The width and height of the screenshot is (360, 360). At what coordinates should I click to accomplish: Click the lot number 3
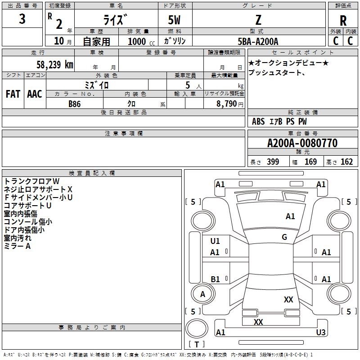click(x=22, y=19)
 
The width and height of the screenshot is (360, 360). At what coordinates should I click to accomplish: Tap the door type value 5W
click(x=174, y=20)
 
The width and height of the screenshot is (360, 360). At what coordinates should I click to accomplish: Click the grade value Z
click(x=258, y=20)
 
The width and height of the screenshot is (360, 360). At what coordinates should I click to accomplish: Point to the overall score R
click(x=343, y=21)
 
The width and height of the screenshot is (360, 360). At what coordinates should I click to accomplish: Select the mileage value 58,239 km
click(x=55, y=65)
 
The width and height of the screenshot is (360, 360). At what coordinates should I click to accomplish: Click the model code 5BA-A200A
click(x=258, y=41)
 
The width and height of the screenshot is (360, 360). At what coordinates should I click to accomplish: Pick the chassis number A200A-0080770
click(x=302, y=143)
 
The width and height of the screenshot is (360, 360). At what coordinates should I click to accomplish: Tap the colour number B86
click(x=75, y=104)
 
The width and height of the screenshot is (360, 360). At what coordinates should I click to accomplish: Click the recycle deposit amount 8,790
click(x=226, y=104)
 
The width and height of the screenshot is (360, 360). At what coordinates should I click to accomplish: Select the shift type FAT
click(x=13, y=94)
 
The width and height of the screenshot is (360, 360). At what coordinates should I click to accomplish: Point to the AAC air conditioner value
click(x=35, y=94)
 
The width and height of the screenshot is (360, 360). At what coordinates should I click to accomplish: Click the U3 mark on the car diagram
click(x=321, y=332)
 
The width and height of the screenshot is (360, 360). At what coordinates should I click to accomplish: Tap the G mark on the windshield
click(x=284, y=237)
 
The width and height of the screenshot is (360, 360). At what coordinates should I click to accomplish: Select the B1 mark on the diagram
click(x=215, y=279)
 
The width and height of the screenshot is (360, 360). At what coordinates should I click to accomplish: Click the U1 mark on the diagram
click(x=215, y=241)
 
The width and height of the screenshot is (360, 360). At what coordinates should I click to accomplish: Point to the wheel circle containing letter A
click(x=203, y=294)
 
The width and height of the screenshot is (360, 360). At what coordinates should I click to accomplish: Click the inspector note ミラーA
click(x=17, y=246)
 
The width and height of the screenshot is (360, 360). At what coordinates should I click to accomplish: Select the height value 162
click(x=346, y=162)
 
